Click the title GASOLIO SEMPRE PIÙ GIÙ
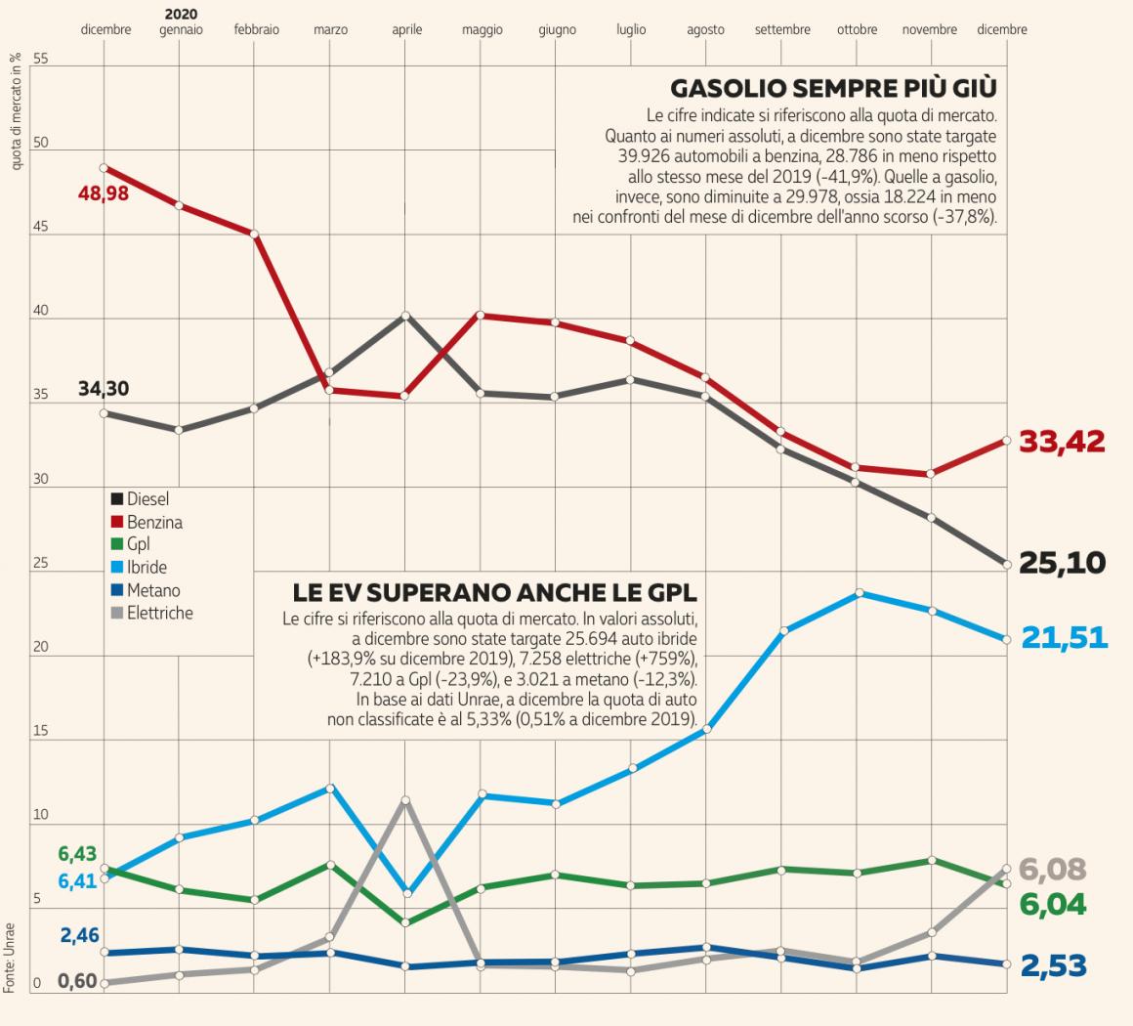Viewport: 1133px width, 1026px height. point(833,89)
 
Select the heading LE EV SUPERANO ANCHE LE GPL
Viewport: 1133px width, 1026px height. point(494,593)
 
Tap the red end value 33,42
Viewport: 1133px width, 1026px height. point(1062,442)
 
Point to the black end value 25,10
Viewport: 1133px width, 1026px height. point(1062,563)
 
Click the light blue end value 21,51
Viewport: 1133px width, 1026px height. point(1064,638)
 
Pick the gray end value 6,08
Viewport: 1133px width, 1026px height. point(1051,869)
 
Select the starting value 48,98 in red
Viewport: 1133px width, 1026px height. point(104,192)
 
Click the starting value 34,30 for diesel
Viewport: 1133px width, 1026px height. point(104,389)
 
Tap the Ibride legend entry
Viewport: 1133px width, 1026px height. point(147,568)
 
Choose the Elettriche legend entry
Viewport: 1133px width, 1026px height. point(159,614)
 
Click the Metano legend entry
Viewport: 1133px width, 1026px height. point(152,590)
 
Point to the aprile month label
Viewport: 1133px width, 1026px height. point(407,30)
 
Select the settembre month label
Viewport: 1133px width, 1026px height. point(782,30)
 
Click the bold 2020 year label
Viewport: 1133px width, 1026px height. point(181,15)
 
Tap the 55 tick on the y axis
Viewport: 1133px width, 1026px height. point(40,60)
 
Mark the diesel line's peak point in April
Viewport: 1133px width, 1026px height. point(405,315)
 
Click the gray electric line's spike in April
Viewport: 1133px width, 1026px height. point(405,800)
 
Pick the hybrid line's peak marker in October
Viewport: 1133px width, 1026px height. point(858,593)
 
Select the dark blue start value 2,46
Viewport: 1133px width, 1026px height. point(79,935)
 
